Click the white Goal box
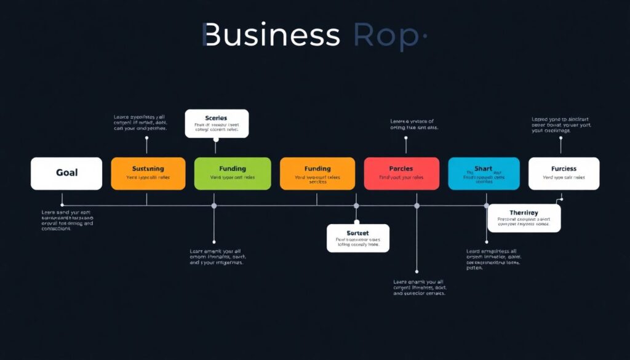(66, 173)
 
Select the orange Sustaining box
(148, 173)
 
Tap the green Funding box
(232, 173)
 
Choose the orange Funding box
(317, 173)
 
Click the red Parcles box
(401, 173)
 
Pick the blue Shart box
(484, 173)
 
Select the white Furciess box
(564, 173)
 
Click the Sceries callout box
(217, 123)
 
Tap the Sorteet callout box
(357, 238)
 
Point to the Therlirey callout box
(524, 218)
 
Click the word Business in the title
(271, 36)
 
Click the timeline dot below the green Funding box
(214, 206)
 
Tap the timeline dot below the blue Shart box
(486, 206)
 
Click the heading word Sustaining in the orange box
(148, 168)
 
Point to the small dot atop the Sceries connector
(215, 140)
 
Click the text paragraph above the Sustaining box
(140, 122)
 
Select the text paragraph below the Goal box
(67, 220)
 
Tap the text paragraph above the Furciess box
(560, 125)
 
